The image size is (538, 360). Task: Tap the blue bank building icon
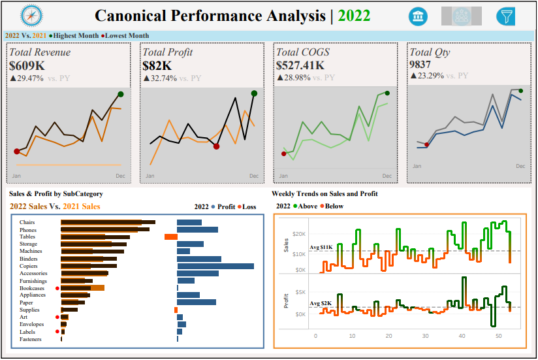coord(418,16)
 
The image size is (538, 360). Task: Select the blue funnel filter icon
coord(505,16)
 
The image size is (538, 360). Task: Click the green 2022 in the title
coord(355,16)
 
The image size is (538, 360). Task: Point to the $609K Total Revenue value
coord(27,65)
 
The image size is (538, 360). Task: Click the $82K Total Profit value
coord(157,65)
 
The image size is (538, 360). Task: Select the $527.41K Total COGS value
coord(300,65)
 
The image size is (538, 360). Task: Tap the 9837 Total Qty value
coord(421,65)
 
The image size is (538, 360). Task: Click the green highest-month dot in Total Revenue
coord(121,95)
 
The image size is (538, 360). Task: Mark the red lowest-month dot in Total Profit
coord(216,146)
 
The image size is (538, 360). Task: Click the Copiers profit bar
coord(215,266)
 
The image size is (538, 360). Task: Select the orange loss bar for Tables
coord(170,237)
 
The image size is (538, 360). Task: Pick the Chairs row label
coord(27,223)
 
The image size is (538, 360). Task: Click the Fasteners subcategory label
coord(31,339)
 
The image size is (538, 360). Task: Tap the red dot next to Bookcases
coord(57,288)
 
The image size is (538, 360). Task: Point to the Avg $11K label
coord(321,247)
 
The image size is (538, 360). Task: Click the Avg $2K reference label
coord(320,303)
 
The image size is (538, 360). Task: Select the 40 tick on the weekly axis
coord(462,336)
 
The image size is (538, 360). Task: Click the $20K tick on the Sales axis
coord(299,234)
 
